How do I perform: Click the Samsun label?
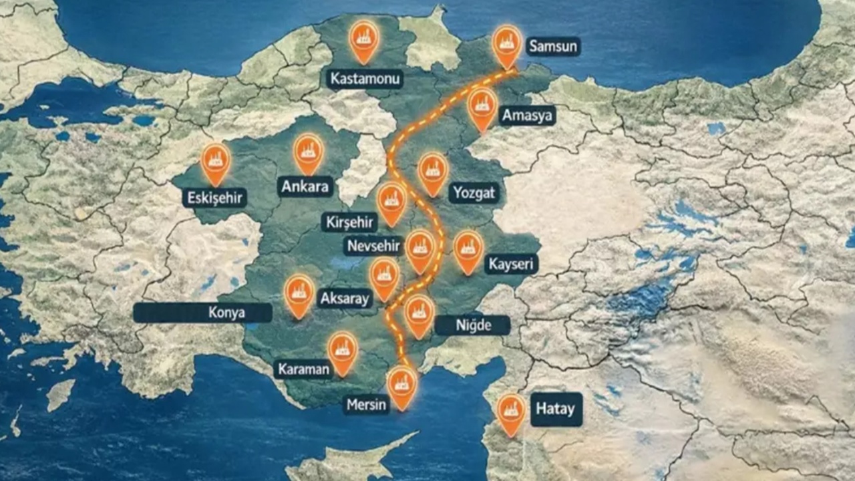553,46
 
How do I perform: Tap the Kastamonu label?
365,79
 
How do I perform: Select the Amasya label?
528,116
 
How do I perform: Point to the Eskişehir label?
214,197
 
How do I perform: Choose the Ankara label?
305,186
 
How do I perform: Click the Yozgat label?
475,193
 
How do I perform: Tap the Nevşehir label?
373,246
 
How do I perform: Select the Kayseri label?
511,264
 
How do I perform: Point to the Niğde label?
473,325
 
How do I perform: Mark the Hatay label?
556,409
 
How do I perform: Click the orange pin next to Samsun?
507,44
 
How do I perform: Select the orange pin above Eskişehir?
216,162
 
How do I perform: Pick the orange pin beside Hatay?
512,412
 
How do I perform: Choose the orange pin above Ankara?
309,152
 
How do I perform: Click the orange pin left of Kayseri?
469,250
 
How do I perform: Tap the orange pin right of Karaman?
343,351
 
